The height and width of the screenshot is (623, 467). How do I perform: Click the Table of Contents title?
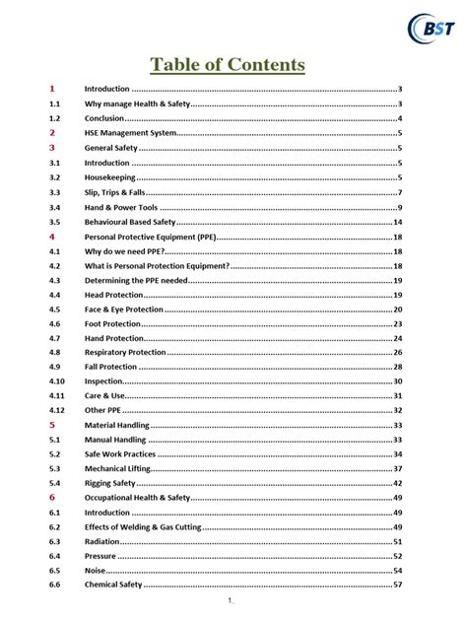tap(228, 65)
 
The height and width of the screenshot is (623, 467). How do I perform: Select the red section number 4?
tap(52, 238)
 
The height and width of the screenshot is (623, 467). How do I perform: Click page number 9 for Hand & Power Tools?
tap(399, 207)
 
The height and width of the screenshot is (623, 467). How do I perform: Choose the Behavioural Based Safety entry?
tap(130, 223)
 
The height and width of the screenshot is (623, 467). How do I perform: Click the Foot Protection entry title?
tap(113, 324)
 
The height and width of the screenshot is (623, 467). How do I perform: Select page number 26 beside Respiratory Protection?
tap(397, 352)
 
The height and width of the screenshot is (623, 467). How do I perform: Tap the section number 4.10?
tap(57, 381)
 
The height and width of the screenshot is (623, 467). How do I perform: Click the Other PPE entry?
tap(101, 410)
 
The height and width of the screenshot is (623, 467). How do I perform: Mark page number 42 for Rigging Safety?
tap(397, 483)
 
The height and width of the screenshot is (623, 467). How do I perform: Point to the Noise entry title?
tap(96, 571)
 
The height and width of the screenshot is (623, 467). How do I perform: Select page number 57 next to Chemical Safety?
tap(397, 586)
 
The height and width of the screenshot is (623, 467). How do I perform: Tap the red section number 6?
tap(52, 498)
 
